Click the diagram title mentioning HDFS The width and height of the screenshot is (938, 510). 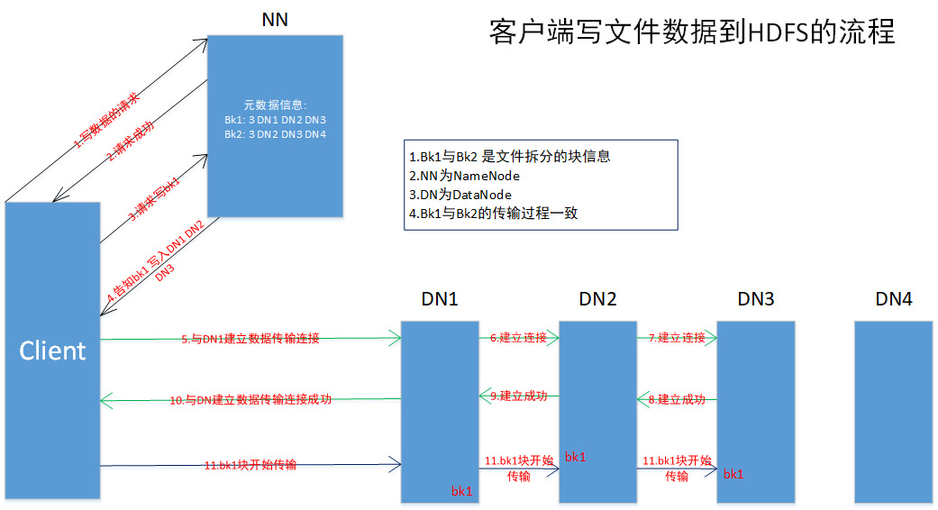point(692,32)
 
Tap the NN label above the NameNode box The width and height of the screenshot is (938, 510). point(275,19)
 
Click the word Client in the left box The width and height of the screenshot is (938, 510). point(52,350)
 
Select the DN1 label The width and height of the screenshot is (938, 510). point(440,299)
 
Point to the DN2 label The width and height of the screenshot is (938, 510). point(597,299)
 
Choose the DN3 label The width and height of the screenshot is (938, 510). point(756,299)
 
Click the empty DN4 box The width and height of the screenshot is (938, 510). point(893,411)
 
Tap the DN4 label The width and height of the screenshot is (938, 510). point(893,299)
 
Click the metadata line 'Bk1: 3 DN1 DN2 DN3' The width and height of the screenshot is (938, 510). point(275,119)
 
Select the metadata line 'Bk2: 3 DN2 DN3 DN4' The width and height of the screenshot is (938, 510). point(275,133)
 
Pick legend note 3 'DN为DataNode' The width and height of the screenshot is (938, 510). point(460,195)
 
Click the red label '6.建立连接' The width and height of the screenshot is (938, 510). point(518,337)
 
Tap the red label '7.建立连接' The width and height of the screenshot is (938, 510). point(677,337)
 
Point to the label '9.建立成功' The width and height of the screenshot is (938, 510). point(518,396)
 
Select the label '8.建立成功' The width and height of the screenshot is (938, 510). point(677,398)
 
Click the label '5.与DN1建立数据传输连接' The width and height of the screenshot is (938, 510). point(250,339)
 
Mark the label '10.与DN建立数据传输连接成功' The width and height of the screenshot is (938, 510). point(250,398)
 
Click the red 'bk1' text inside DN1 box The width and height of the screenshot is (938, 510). point(461,491)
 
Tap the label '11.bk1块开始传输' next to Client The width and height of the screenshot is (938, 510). point(250,465)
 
